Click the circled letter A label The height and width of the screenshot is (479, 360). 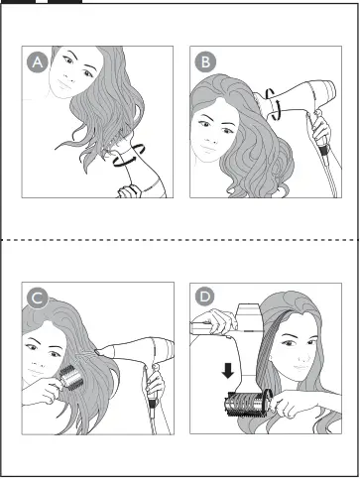coord(38,61)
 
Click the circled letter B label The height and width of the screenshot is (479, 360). coord(205,61)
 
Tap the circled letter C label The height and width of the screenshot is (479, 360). coord(38,298)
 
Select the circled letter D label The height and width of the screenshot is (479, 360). coord(205,296)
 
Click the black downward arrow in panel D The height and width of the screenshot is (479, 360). coord(228,371)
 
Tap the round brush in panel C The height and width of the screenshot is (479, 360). coord(71,377)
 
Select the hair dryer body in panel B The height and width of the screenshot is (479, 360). coord(296,99)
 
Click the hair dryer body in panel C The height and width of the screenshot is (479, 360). coord(139,350)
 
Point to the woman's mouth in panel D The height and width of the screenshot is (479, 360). coord(300,367)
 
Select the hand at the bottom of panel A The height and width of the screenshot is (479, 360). coord(130,191)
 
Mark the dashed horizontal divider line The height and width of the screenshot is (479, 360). coord(180,239)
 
